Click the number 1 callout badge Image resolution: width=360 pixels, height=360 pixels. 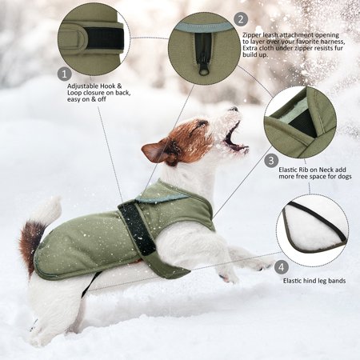coord(65,74)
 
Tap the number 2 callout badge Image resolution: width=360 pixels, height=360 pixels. coord(241,19)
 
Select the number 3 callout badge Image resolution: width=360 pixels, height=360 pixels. coord(271,161)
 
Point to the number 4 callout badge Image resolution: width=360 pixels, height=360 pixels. coord(281,267)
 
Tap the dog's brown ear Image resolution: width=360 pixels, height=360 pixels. coord(154,151)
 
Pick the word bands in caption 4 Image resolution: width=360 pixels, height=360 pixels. coord(337,281)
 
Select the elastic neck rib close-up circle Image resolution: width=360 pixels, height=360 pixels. coord(300,122)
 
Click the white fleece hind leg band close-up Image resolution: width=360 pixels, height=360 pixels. coord(313,230)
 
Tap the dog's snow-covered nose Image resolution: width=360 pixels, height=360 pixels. coord(234,109)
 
